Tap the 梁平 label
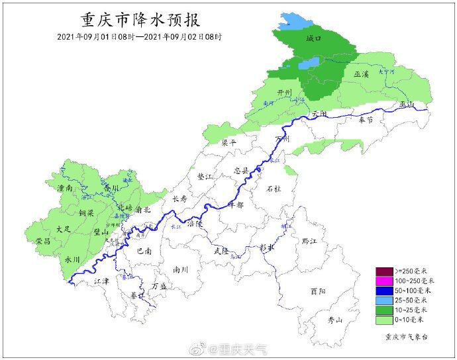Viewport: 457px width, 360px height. coord(228,142)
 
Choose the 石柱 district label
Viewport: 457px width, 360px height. coord(273,189)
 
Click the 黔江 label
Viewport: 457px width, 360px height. coord(309,241)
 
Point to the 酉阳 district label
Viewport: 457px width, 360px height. coord(317,291)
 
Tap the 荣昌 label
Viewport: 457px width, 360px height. coord(44,242)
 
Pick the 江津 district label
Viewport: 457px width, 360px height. coord(101,281)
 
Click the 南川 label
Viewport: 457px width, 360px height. coord(180,269)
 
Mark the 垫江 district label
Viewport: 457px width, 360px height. coord(206,177)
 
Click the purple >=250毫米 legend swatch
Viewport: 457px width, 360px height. coord(384,271)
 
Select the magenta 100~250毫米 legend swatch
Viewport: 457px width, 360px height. coord(384,281)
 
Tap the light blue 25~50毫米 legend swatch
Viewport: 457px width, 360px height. coord(384,300)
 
